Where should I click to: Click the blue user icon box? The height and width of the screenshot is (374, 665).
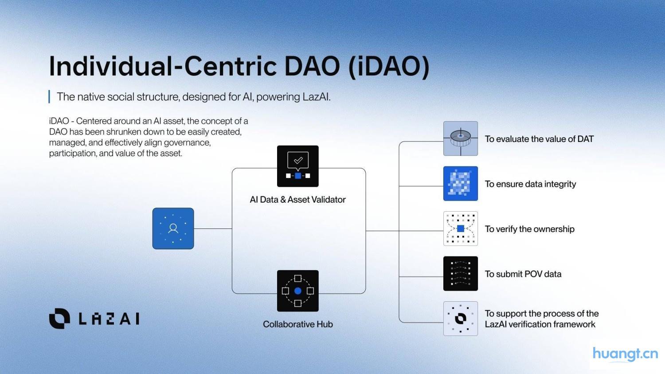click(x=173, y=228)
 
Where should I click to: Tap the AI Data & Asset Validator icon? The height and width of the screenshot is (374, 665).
click(x=298, y=166)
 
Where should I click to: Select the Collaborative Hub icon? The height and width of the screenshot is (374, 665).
click(x=298, y=291)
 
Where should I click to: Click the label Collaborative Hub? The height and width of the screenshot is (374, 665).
click(x=298, y=324)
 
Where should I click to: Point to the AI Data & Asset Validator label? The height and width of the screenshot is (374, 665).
click(x=298, y=200)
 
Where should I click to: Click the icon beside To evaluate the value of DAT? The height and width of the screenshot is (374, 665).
click(x=461, y=138)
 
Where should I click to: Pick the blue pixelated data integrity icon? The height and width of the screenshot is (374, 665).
click(x=461, y=184)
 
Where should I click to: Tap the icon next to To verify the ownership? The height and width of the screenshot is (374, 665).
click(x=461, y=228)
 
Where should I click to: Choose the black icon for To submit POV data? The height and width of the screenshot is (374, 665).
click(x=461, y=274)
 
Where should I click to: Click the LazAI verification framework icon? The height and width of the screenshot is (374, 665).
click(x=461, y=319)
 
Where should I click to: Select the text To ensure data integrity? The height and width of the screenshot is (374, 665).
click(x=530, y=184)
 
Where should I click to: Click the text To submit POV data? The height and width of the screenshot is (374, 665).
click(x=523, y=274)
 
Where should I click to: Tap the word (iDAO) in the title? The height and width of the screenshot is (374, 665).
click(x=389, y=67)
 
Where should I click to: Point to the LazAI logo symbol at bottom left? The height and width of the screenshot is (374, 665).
click(x=59, y=319)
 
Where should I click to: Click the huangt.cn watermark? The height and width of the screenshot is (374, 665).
click(x=625, y=354)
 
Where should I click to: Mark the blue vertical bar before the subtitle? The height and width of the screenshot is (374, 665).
click(x=49, y=97)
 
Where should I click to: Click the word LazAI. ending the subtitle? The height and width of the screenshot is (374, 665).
click(x=317, y=97)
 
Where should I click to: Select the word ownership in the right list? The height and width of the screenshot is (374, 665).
click(x=554, y=229)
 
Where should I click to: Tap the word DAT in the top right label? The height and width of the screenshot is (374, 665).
click(x=585, y=139)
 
